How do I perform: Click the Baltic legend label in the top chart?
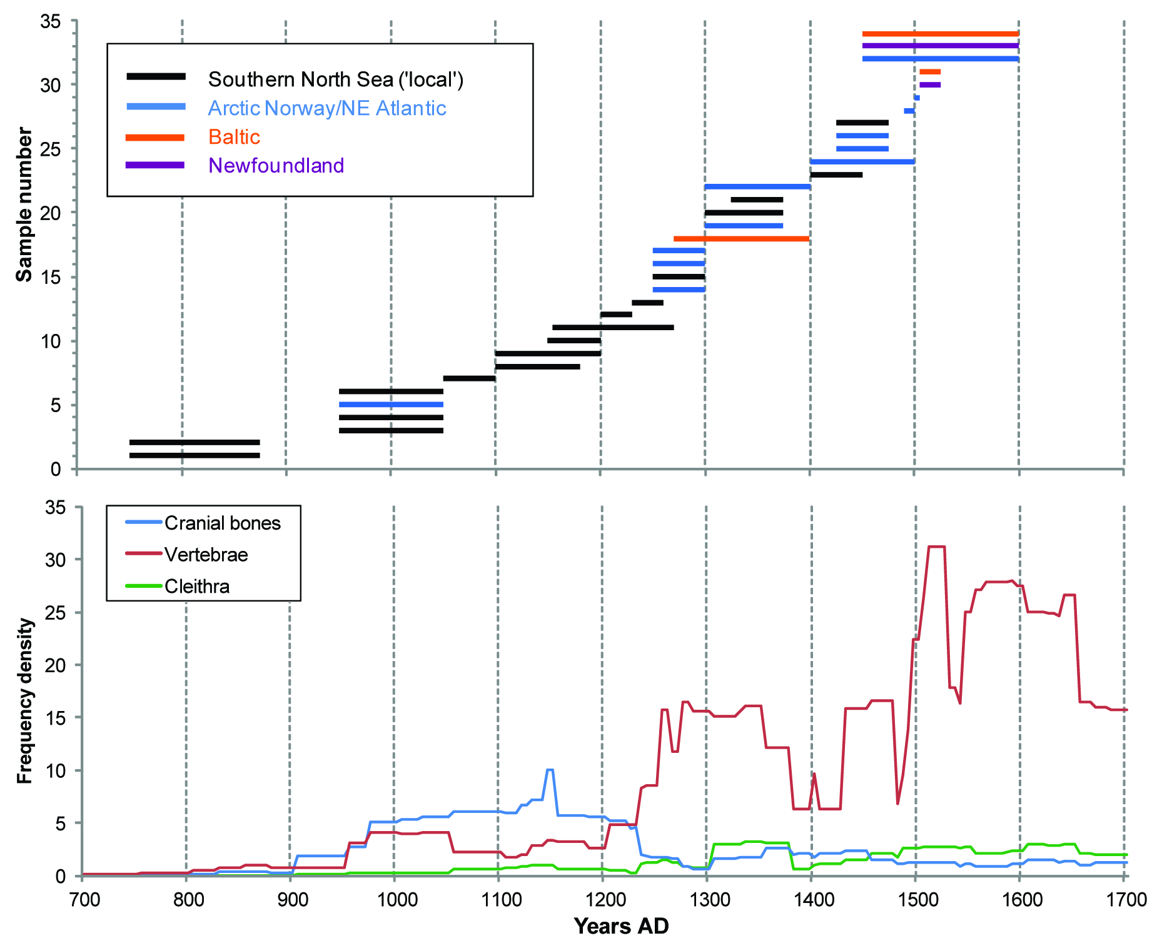234,137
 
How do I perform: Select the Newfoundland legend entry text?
276,166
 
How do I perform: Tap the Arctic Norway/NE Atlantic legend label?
326,108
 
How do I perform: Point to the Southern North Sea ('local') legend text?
335,79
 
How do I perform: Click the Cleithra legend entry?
196,587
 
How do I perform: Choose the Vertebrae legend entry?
206,555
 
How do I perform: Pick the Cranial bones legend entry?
222,523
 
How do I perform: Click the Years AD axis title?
621,926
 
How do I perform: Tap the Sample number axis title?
24,204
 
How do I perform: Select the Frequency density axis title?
24,700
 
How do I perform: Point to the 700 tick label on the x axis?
84,900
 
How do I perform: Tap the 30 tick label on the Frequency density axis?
55,560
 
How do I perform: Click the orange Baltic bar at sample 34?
940,34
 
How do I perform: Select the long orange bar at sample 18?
741,238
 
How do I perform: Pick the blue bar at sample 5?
391,405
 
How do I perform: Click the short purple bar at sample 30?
930,84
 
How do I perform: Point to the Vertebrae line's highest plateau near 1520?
936,547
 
